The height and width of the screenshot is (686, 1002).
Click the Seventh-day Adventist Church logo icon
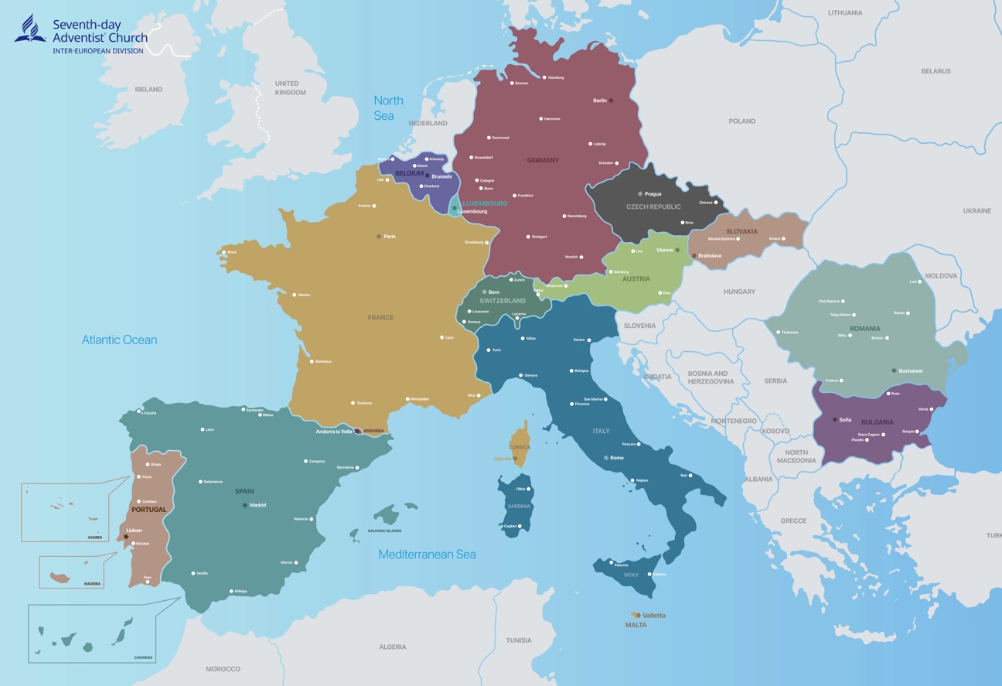point(30,29)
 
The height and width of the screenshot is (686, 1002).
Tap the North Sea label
point(388,108)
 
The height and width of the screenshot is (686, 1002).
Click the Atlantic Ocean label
point(119,340)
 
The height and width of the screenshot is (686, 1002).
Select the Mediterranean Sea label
point(427,555)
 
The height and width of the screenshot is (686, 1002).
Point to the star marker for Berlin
point(612,101)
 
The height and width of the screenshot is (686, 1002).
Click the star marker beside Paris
point(379,237)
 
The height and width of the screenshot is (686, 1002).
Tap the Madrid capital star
point(245,505)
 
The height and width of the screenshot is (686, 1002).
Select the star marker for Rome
point(606,458)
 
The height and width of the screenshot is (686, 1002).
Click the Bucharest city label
point(911,371)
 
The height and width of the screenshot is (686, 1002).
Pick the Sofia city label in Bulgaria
point(845,420)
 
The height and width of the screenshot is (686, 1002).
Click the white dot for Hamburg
point(544,77)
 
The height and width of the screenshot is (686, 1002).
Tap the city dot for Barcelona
point(358,468)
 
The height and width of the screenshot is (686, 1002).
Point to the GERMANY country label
point(543,161)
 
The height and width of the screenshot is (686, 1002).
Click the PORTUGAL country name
point(148,510)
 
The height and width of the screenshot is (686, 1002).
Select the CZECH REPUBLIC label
point(653,207)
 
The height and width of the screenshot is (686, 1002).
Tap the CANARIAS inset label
point(143,658)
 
